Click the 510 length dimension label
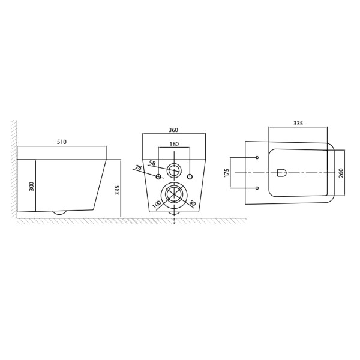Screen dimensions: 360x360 pos(62,142)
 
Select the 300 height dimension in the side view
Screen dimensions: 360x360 pos(32,186)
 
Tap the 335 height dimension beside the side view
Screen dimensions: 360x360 pos(118,190)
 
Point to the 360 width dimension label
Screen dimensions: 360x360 pos(173,130)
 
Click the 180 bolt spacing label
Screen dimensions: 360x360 pos(174,144)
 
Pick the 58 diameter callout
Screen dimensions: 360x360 pos(152,163)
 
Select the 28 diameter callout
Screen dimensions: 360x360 pos(139,167)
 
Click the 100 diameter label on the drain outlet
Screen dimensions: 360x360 pos(157,205)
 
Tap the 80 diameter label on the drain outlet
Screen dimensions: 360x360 pos(193,203)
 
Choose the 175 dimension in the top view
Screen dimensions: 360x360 pos(227,173)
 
